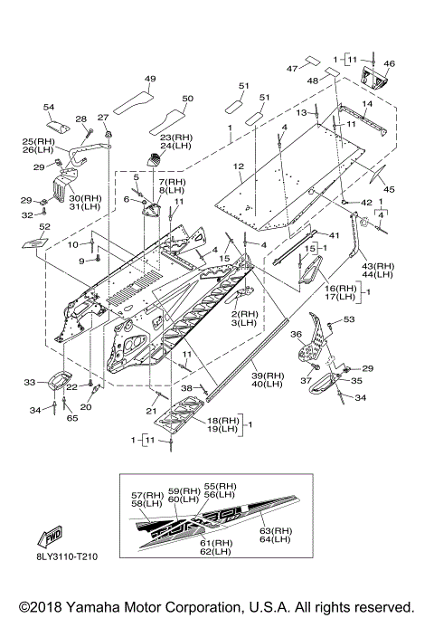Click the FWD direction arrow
point(50,537)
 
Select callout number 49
point(150,79)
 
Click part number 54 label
point(49,107)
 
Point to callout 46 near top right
point(389,63)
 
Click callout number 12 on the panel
point(239,166)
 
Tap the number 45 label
point(389,190)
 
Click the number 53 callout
point(349,319)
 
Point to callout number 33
point(30,382)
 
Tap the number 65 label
point(72,418)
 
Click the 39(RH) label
point(268,376)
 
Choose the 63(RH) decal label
point(276,531)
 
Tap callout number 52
point(45,226)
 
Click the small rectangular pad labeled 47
point(313,61)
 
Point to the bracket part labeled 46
point(374,77)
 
